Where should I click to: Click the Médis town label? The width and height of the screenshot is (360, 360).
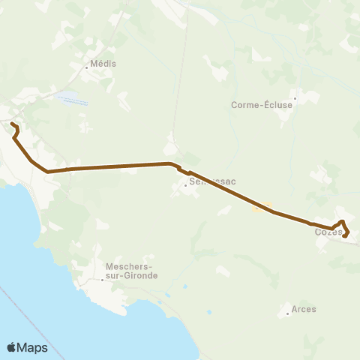103,64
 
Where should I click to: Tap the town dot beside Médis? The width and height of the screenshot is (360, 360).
87,67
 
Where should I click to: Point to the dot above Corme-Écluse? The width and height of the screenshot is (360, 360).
295,97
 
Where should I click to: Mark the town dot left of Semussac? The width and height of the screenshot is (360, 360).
185,185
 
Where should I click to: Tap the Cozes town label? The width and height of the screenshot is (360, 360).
328,232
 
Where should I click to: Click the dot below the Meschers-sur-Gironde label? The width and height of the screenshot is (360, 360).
103,280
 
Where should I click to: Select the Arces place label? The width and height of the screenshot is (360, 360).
304,309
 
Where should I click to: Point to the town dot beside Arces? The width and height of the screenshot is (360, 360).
288,313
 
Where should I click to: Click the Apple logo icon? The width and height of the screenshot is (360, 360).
12,347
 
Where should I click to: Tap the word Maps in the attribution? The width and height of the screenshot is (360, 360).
33,348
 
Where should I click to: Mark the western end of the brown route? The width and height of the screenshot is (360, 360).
12,123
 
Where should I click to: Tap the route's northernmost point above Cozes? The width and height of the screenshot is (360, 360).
342,221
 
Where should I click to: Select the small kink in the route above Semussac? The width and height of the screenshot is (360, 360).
180,169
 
